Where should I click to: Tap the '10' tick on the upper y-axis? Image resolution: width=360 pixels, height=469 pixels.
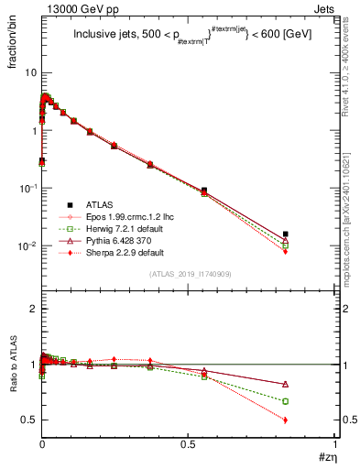(27, 72)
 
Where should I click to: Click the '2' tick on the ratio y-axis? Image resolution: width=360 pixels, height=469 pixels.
(31, 310)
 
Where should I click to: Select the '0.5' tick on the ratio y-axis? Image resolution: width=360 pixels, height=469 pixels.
(27, 420)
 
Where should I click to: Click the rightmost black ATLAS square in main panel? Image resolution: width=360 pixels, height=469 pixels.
(286, 234)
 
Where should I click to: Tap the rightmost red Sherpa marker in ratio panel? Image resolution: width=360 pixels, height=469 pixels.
(286, 420)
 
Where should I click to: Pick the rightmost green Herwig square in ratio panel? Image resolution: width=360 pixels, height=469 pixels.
(286, 401)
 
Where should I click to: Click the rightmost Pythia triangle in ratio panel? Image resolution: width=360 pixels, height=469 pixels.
(286, 384)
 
